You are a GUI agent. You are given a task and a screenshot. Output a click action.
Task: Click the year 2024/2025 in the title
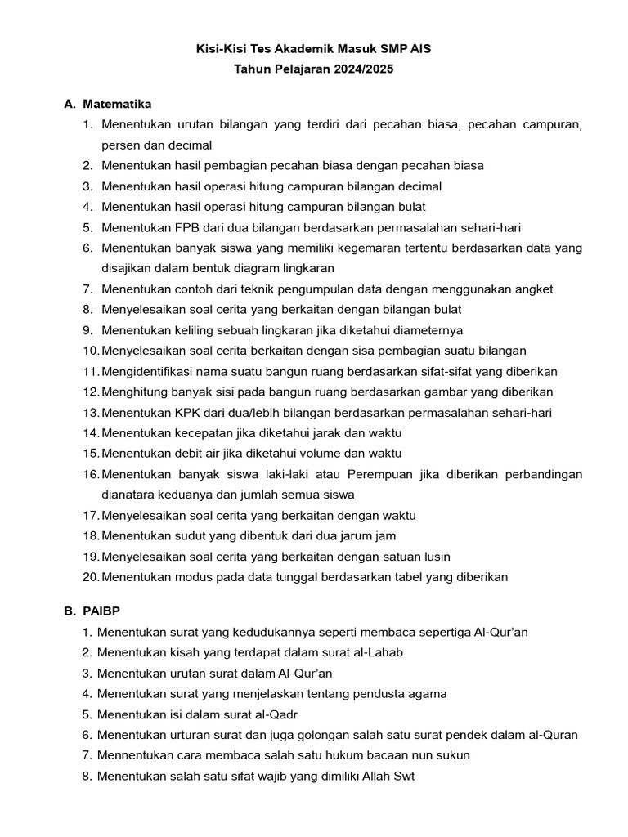[363, 69]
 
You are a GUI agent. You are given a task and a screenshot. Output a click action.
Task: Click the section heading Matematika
[117, 104]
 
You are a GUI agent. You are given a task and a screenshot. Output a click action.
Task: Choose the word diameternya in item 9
[428, 330]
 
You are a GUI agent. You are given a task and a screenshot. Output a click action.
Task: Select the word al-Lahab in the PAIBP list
[379, 652]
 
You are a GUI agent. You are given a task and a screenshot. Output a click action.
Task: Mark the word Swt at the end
[404, 776]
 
